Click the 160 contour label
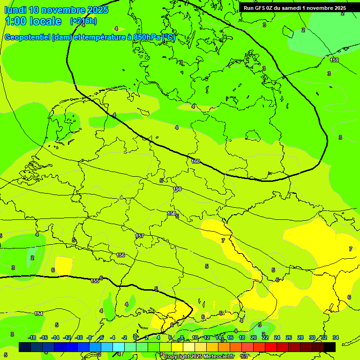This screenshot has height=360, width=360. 195,162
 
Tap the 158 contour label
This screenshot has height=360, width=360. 172,213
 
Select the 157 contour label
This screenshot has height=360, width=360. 139,236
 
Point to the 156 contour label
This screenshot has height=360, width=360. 120,255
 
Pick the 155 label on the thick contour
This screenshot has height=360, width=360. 95,281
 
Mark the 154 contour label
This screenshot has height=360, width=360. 39,314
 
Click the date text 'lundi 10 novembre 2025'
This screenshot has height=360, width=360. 56,10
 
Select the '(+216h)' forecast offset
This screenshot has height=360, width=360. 83,21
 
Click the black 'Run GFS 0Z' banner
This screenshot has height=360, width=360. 295,8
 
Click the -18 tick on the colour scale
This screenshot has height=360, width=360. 32,337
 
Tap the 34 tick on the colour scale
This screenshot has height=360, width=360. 336,337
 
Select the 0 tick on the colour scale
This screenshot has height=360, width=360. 135,337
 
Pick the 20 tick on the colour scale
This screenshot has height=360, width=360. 254,337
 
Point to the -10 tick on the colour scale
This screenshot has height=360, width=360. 79,337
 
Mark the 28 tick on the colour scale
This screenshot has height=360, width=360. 300,337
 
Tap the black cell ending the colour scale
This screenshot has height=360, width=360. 330,347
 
